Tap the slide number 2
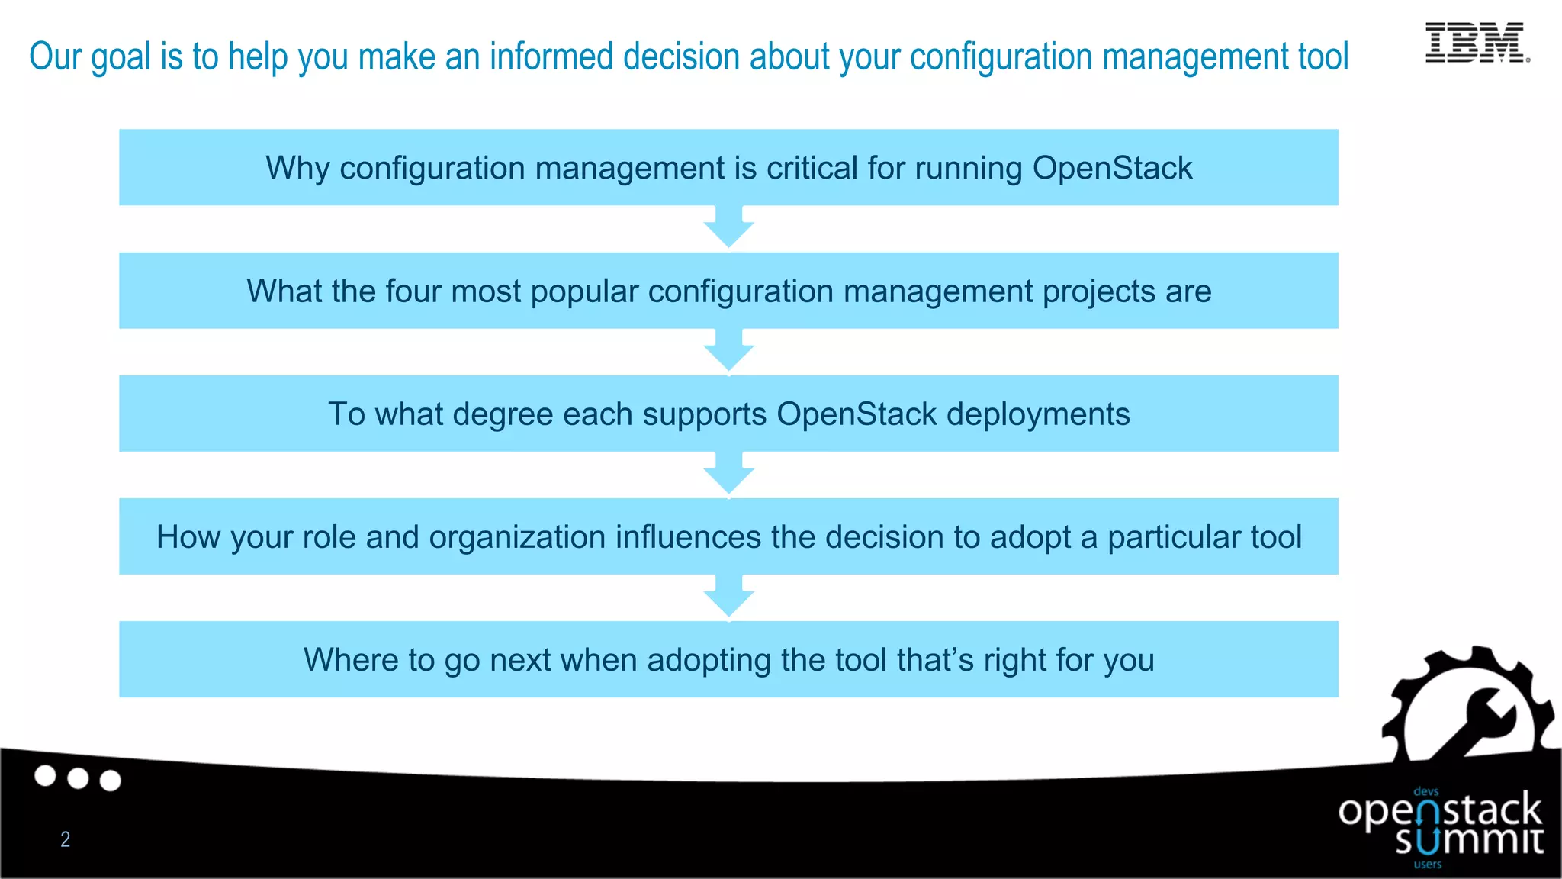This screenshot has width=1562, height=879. [x=66, y=839]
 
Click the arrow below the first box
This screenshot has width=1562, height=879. [x=728, y=227]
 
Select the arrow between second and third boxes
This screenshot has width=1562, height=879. [x=728, y=351]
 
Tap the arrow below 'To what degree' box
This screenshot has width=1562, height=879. [x=728, y=474]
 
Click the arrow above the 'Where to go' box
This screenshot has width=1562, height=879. [x=728, y=597]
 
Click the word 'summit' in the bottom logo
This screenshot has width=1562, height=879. [x=1469, y=841]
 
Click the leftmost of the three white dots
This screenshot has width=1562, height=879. [x=46, y=776]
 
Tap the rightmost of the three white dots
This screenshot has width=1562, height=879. [x=111, y=781]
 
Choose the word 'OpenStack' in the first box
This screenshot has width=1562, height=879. [x=1112, y=168]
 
